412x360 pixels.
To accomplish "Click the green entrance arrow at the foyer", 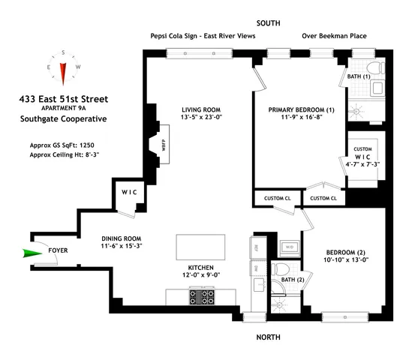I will click(35, 253).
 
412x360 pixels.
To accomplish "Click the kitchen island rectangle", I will click(200, 246).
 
